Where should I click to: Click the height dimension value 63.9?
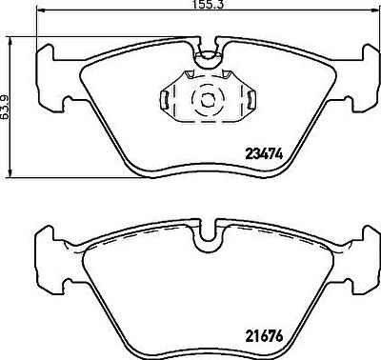(x=4, y=107)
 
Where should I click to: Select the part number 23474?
(x=264, y=154)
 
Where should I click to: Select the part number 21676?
(x=264, y=336)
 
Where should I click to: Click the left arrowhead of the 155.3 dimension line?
(x=41, y=11)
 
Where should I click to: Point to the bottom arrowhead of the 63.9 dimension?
(x=10, y=173)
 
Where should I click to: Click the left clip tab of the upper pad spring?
(x=165, y=99)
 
